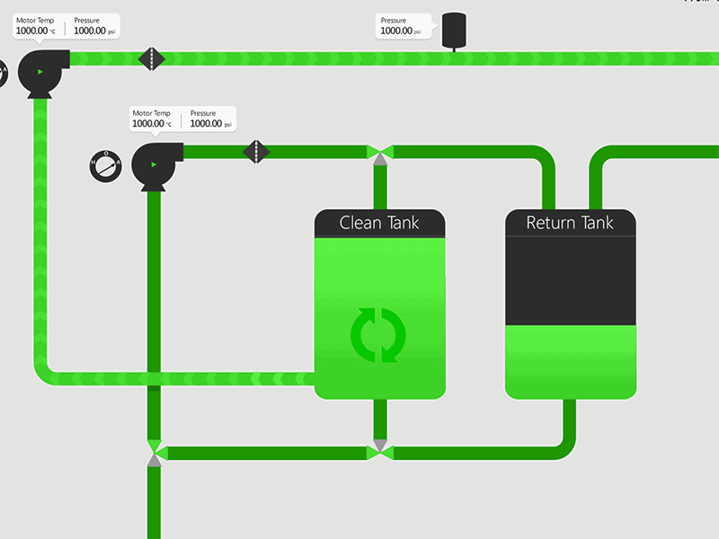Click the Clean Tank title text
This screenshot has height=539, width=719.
point(379,223)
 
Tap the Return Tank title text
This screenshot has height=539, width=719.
point(570,223)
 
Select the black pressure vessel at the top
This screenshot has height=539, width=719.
point(454,29)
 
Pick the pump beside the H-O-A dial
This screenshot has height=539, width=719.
point(155,165)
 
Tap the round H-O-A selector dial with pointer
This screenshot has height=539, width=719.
point(105,165)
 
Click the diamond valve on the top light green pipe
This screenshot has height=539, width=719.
point(152,59)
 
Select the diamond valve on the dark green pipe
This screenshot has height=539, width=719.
point(257,151)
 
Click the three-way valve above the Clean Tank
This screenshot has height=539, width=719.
point(380,154)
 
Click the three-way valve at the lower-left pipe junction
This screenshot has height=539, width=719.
point(154,452)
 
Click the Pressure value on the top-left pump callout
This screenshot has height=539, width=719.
point(90,31)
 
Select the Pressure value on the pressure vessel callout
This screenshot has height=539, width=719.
point(396,31)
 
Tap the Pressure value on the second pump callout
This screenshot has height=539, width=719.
point(206,124)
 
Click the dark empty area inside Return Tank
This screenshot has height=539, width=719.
point(570,278)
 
